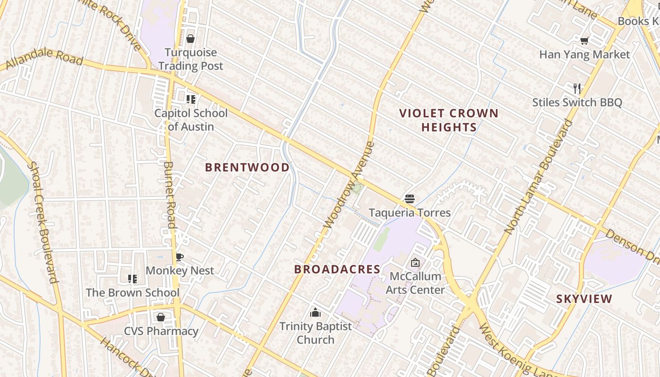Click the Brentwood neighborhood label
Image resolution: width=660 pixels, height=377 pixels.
click(x=247, y=167)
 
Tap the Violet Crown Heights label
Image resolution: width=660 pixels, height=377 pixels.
click(x=449, y=120)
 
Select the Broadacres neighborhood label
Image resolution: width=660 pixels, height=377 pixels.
click(x=337, y=269)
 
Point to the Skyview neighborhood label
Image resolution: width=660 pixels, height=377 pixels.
click(x=584, y=299)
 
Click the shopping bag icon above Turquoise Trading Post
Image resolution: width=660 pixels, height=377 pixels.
click(x=190, y=39)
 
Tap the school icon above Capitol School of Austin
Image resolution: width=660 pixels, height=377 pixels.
click(x=190, y=99)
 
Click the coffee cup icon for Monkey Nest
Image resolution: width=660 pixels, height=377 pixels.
click(x=179, y=257)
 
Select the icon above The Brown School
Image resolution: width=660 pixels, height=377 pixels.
click(x=132, y=279)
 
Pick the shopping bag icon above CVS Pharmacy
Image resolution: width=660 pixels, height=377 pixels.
click(x=161, y=317)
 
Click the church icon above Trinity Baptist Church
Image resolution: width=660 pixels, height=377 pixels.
click(x=315, y=312)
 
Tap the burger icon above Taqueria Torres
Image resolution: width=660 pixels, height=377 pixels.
click(x=409, y=199)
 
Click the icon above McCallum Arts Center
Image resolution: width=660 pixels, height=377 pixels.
click(x=415, y=262)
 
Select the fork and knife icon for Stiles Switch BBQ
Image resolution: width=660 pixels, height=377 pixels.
click(x=577, y=88)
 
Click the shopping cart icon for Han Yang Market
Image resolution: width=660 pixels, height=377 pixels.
click(x=585, y=41)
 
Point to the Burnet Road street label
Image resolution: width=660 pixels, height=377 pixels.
click(x=169, y=195)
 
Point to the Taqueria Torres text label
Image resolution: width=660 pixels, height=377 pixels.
click(x=410, y=213)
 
